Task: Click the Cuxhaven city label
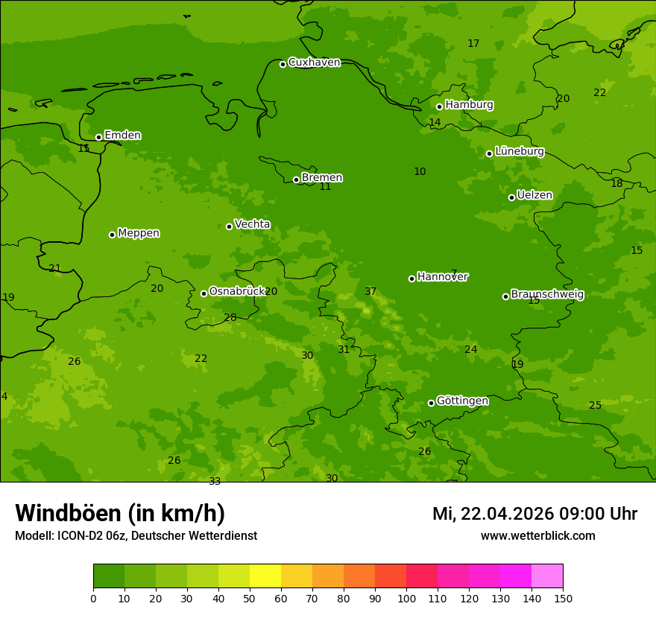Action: point(314,63)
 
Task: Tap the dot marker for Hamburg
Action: point(439,106)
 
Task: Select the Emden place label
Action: point(122,136)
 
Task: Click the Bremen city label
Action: point(321,178)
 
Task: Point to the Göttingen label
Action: point(462,401)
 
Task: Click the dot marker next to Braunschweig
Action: point(505,296)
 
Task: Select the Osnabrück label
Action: point(236,292)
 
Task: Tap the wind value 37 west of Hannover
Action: point(370,292)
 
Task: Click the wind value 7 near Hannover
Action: point(454,273)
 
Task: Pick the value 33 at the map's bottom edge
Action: point(215,481)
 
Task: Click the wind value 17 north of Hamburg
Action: point(473,44)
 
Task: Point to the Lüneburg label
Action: point(519,152)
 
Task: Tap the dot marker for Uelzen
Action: point(511,197)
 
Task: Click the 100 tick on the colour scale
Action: point(406,598)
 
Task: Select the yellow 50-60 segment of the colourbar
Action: point(265,576)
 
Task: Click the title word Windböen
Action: point(68,514)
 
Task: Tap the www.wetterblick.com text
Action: point(537,536)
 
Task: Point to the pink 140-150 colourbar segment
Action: point(547,576)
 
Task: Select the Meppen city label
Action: point(138,233)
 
